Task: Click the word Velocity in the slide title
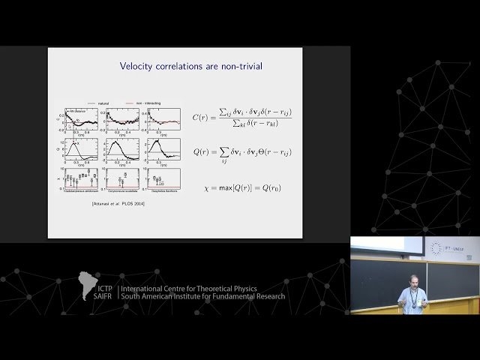(x=138, y=66)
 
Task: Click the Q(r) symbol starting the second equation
(x=200, y=151)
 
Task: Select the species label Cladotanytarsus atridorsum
(x=82, y=193)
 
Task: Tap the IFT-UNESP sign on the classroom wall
(x=450, y=247)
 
